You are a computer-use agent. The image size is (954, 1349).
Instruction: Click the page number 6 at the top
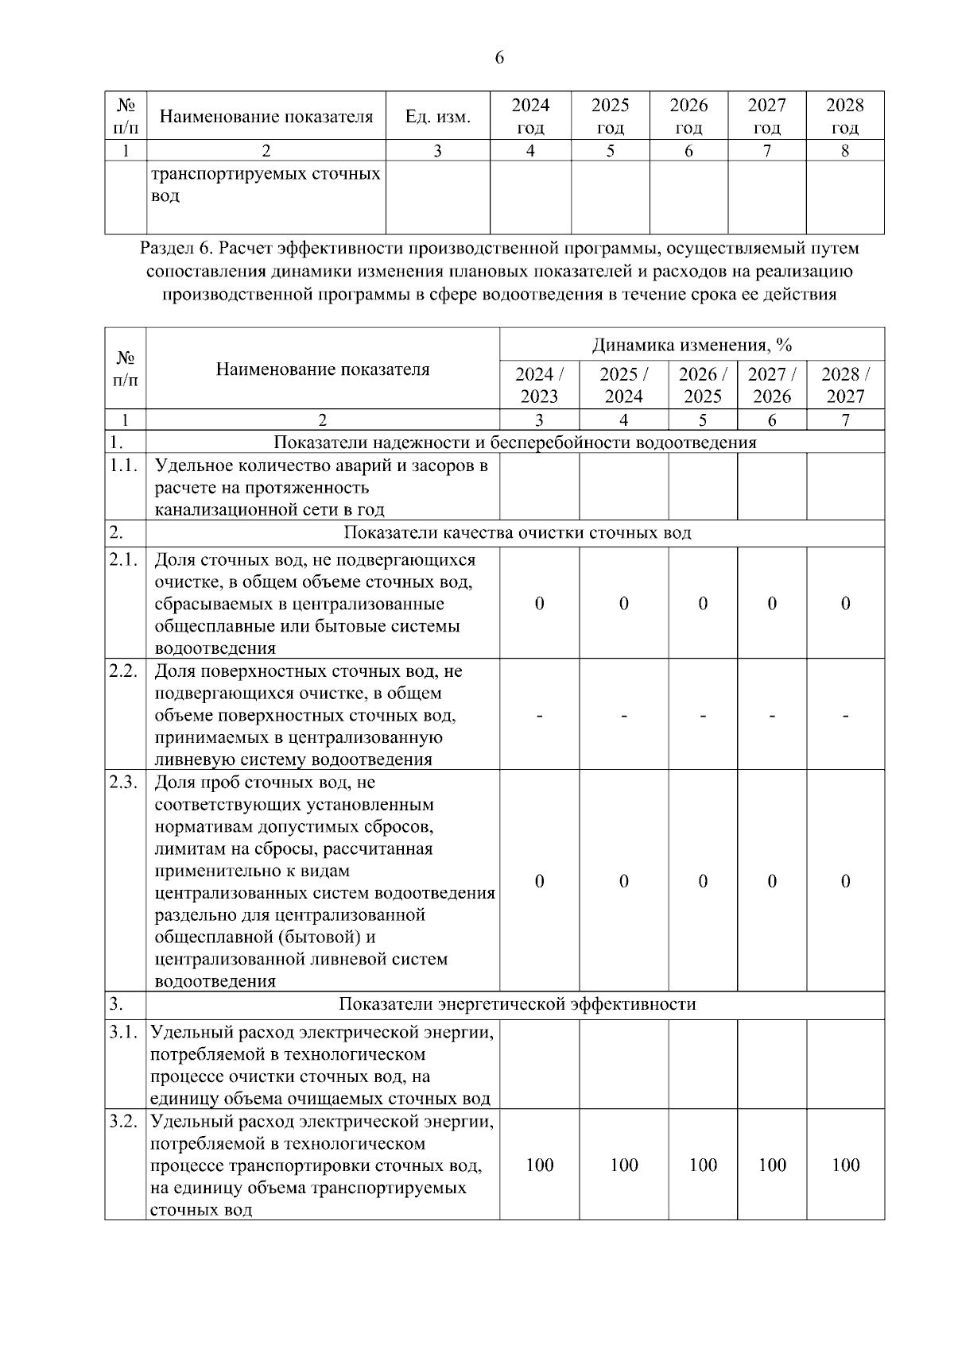pyautogui.click(x=499, y=58)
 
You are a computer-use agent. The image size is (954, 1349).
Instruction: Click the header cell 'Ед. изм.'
pyautogui.click(x=437, y=117)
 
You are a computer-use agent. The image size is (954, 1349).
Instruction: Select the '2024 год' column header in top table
pyautogui.click(x=530, y=116)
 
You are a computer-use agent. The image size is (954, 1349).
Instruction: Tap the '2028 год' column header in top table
pyautogui.click(x=845, y=116)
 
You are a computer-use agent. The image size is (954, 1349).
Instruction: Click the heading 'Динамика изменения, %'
pyautogui.click(x=692, y=345)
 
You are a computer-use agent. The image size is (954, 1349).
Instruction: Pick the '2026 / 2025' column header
pyautogui.click(x=703, y=385)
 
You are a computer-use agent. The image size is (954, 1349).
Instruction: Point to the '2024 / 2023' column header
pyautogui.click(x=539, y=385)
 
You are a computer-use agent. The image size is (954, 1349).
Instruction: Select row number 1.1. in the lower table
pyautogui.click(x=125, y=466)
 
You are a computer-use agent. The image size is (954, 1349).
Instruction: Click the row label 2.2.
pyautogui.click(x=125, y=671)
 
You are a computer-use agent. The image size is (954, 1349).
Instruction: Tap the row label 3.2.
pyautogui.click(x=125, y=1122)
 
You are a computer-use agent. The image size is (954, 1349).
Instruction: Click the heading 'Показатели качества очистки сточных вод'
pyautogui.click(x=517, y=532)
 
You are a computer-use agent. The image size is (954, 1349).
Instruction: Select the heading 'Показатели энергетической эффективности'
pyautogui.click(x=517, y=1004)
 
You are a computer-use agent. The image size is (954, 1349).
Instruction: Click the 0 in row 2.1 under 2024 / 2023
pyautogui.click(x=539, y=603)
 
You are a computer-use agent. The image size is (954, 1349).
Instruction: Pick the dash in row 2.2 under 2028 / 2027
pyautogui.click(x=845, y=716)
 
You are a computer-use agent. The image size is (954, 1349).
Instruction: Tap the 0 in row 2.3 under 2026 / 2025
pyautogui.click(x=703, y=881)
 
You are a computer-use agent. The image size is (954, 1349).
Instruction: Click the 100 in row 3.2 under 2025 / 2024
pyautogui.click(x=624, y=1165)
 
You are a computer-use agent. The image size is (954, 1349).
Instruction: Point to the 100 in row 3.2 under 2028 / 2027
pyautogui.click(x=845, y=1165)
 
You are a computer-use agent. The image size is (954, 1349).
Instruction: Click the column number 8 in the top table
pyautogui.click(x=845, y=151)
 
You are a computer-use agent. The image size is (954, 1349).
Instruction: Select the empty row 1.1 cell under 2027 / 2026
pyautogui.click(x=772, y=487)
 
